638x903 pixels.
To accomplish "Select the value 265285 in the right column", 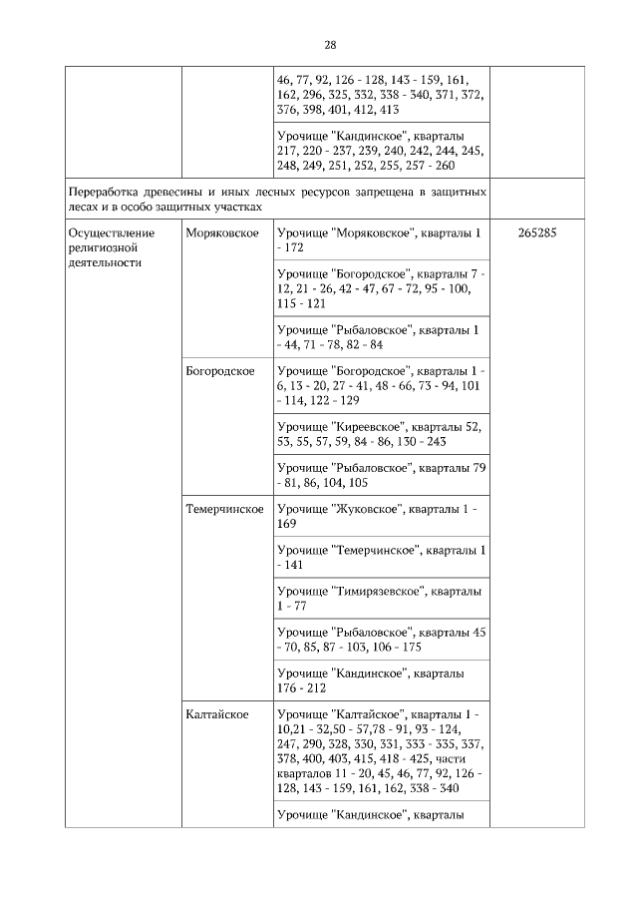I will (x=537, y=232).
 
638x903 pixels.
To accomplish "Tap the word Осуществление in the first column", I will (x=107, y=232).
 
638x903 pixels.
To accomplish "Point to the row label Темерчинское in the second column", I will (x=224, y=509).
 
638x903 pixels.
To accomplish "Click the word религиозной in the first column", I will (x=101, y=247).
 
